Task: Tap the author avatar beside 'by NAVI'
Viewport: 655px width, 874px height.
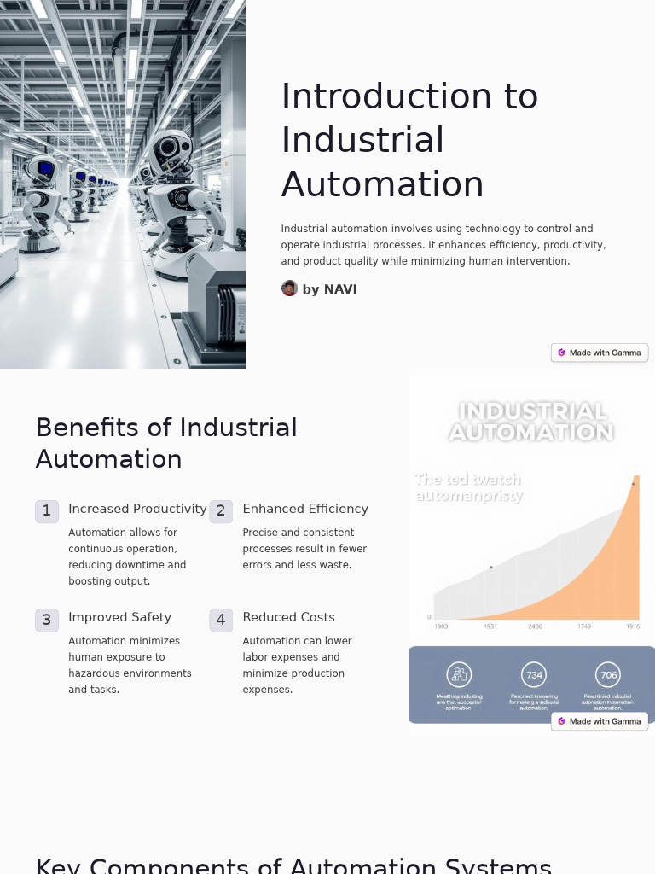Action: (289, 288)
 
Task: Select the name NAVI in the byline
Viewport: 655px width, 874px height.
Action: (340, 289)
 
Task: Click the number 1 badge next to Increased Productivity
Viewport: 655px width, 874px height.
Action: (47, 511)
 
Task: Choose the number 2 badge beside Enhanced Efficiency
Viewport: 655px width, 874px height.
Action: (221, 511)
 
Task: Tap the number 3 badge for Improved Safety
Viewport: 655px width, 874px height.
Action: (47, 620)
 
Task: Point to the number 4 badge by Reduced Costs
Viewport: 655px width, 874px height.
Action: (221, 620)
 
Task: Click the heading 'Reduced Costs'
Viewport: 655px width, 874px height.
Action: (288, 617)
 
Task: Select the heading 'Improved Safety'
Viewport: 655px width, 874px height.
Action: (119, 617)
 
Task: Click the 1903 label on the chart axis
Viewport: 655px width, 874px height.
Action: (441, 626)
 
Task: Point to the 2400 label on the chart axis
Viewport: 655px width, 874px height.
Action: (535, 626)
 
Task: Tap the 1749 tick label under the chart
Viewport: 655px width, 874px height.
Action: (584, 626)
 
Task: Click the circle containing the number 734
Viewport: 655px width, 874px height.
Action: (534, 675)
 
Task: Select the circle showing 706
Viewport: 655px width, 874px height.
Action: (608, 675)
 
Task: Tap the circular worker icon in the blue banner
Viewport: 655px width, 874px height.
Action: (459, 675)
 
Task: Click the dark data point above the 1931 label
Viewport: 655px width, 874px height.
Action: (491, 568)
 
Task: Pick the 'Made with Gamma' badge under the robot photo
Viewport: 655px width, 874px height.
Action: (600, 353)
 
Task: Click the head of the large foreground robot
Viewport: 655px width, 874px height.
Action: (171, 149)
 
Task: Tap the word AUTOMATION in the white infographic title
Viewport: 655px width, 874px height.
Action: (531, 433)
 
